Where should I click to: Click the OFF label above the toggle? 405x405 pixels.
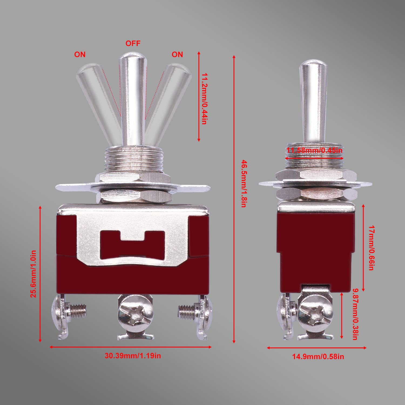pos(133,43)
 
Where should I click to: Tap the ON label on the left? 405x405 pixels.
pos(80,55)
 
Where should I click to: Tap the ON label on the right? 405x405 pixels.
pos(177,55)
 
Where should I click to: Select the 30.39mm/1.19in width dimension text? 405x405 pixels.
pos(133,356)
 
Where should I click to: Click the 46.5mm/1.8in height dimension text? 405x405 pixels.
pos(244,184)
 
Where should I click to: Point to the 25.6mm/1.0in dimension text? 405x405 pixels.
pos(33,274)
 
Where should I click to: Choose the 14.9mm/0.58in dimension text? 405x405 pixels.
pos(318,357)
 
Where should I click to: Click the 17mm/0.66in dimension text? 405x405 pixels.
pos(372,248)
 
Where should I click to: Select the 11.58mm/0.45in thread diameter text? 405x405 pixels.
pos(314,150)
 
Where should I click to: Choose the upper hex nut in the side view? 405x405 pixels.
pos(315,175)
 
